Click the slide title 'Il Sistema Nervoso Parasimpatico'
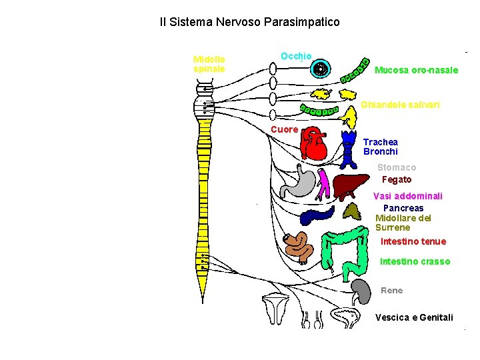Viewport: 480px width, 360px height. click(x=249, y=22)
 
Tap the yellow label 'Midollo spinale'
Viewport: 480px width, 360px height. click(x=209, y=63)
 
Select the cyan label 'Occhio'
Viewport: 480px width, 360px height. click(x=296, y=56)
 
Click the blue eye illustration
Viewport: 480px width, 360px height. click(x=322, y=68)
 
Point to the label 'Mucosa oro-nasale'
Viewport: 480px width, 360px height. click(x=416, y=70)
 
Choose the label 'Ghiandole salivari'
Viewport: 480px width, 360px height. click(x=400, y=105)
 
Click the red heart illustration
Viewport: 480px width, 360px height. click(x=313, y=144)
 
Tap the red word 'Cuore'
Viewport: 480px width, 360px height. click(x=284, y=129)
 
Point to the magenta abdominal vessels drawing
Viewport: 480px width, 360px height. click(x=323, y=185)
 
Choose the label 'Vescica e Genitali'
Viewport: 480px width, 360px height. click(x=414, y=317)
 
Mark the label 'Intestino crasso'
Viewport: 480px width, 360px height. click(x=415, y=261)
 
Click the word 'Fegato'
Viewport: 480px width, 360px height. click(x=397, y=179)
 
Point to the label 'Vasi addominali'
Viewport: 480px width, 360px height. click(x=407, y=196)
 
